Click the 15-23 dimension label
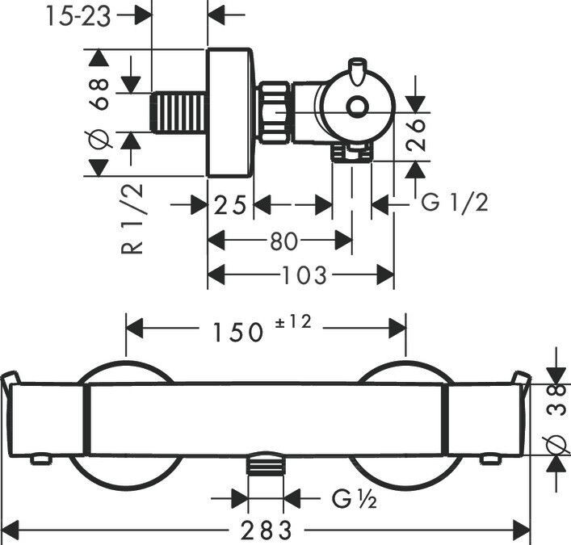pos(78,17)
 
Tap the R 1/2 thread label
pos(132,219)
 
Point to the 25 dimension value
pos(230,204)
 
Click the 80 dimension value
pos(284,241)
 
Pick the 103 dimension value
pos(304,275)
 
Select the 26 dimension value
pos(415,134)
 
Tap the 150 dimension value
pos(237,333)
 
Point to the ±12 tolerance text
pos(293,322)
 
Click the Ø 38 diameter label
pos(557,418)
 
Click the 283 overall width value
pos(267,530)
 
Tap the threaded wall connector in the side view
pos(178,113)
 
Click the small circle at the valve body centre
pos(355,107)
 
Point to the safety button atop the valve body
pos(356,70)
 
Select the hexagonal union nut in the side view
pos(275,112)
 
